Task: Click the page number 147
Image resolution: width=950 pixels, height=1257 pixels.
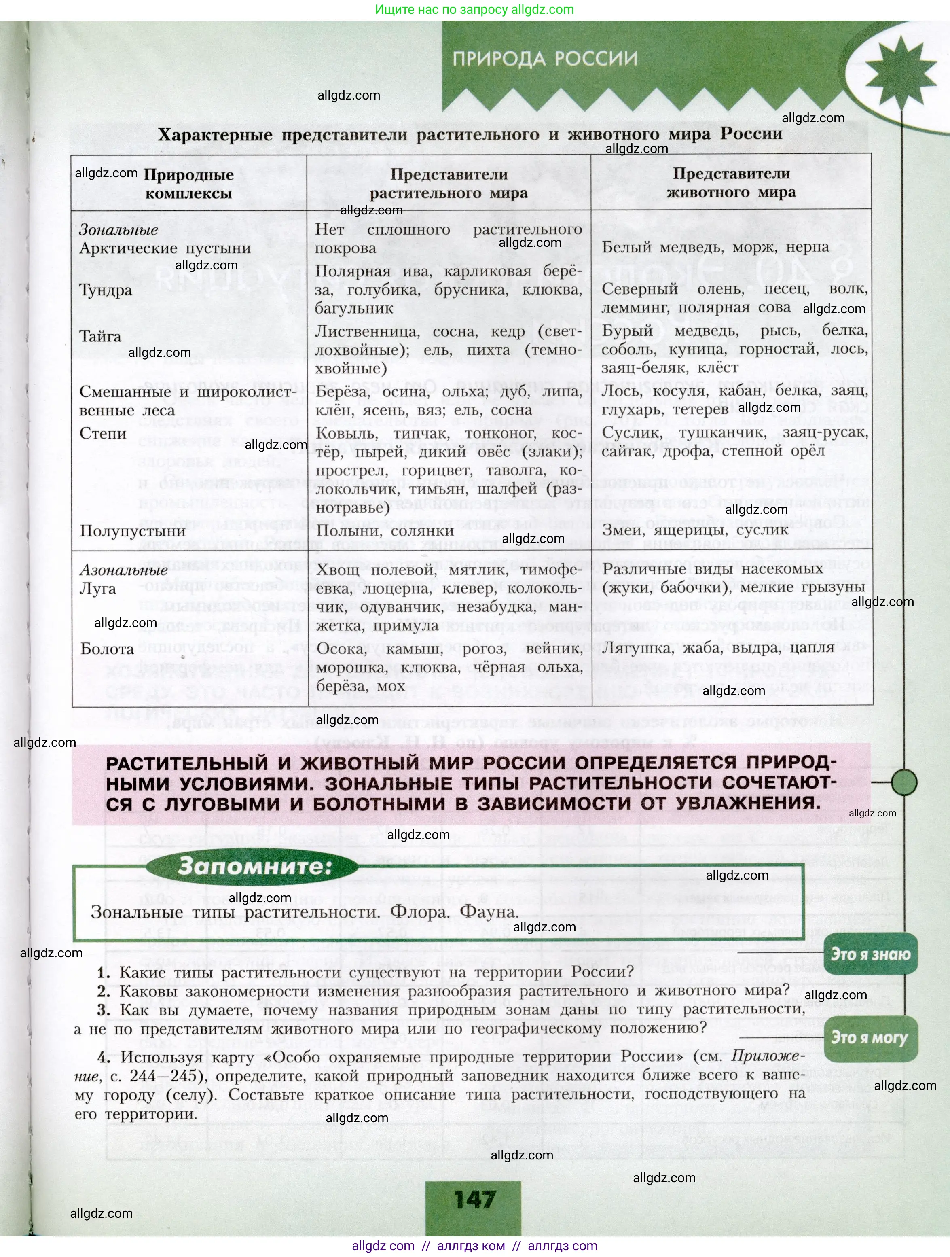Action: coord(474,1200)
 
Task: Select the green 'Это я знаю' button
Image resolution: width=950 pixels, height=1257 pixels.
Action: coord(870,954)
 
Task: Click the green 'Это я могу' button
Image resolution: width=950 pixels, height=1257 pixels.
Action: coord(870,1038)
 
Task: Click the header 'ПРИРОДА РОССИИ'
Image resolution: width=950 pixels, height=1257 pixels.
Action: coord(545,59)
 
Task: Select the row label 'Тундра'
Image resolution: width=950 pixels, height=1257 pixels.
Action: coord(106,290)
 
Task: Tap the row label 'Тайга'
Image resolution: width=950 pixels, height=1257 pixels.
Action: coord(101,337)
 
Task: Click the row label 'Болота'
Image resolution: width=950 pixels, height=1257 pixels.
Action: coord(108,649)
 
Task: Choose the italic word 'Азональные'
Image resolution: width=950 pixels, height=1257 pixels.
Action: coord(123,570)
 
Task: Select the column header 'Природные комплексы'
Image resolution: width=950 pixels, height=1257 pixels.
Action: coord(188,184)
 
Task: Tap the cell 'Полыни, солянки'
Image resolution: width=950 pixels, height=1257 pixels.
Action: coord(385,531)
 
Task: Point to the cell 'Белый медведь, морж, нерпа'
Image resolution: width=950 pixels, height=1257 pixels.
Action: coord(715,247)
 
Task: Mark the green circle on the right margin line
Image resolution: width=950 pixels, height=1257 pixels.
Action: coord(903,782)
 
